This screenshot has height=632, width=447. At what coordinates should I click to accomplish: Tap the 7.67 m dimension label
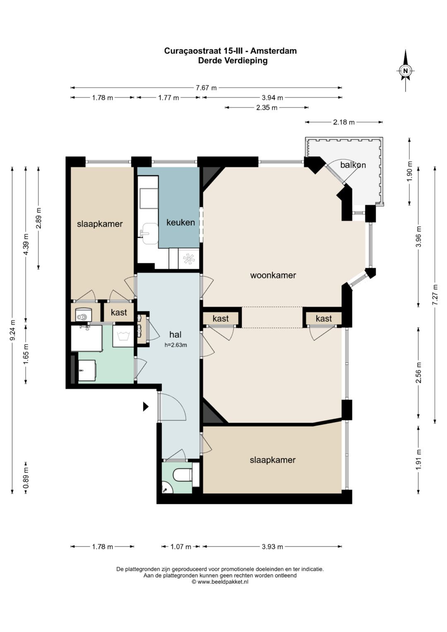point(206,88)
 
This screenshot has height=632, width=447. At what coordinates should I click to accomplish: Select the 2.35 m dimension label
point(267,108)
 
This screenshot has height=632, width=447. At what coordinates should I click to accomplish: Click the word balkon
point(353,165)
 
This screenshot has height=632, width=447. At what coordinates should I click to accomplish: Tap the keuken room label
point(180,222)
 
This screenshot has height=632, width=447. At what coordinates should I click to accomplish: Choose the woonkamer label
point(273,275)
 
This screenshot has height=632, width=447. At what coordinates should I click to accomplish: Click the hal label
point(175,334)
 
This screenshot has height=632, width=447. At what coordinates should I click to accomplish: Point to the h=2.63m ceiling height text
point(176,345)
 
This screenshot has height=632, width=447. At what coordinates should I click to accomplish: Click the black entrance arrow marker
point(146,406)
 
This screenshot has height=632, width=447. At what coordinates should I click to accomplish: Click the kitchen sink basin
point(150,233)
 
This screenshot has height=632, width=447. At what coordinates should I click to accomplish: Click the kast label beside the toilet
point(119,312)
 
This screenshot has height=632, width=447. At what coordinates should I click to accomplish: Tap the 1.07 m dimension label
point(181,546)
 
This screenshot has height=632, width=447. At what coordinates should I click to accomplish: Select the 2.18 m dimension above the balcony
point(344,122)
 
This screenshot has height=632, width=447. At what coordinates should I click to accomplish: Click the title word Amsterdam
point(274,51)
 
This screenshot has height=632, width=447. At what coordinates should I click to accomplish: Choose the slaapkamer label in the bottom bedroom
point(273,460)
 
